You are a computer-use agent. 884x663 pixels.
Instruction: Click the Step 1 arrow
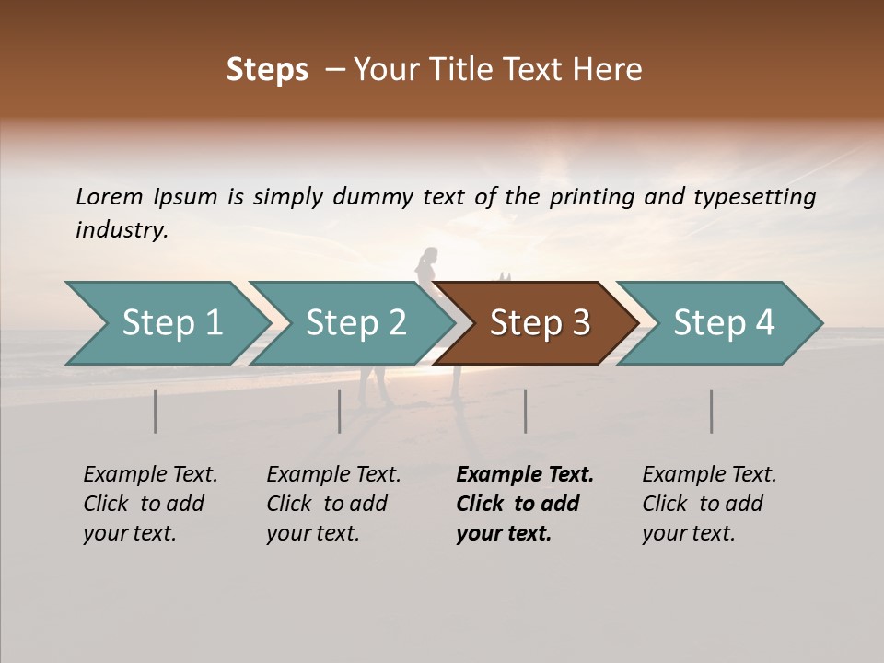(171, 323)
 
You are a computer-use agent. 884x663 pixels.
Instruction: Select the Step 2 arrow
(355, 323)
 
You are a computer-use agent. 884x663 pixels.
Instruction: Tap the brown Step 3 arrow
(540, 323)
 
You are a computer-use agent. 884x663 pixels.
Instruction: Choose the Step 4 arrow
(724, 323)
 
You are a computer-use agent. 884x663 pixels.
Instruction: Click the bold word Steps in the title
(267, 70)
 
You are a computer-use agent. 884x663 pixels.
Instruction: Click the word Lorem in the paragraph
(109, 197)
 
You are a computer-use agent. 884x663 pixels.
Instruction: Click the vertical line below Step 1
(156, 411)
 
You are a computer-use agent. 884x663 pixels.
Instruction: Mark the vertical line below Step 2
(340, 411)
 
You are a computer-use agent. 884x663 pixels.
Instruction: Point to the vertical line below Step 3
(525, 411)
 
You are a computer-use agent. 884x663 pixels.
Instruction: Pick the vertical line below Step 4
(711, 411)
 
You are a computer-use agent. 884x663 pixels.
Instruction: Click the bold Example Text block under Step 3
(524, 504)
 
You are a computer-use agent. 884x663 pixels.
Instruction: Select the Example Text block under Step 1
(150, 504)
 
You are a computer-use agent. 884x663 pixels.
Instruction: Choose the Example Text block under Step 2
(333, 504)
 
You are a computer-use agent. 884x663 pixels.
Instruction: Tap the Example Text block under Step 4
(709, 504)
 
